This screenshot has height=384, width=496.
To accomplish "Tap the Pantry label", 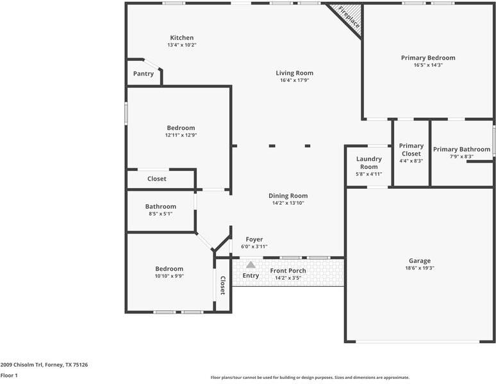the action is click(x=144, y=74).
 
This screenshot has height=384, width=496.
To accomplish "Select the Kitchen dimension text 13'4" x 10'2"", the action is click(x=182, y=45).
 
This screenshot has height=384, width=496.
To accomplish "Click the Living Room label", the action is click(x=295, y=73).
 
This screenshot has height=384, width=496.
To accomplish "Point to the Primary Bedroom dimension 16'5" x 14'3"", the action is click(x=428, y=65).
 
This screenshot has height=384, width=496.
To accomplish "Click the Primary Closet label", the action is click(x=411, y=150).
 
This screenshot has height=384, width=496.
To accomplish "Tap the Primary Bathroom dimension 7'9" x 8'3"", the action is click(x=461, y=157).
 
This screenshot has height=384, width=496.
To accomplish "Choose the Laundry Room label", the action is click(x=369, y=163).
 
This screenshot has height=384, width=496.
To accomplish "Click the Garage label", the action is click(x=420, y=261).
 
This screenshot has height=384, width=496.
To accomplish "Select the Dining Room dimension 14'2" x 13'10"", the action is click(x=288, y=203).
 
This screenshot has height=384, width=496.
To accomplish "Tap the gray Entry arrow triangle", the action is click(x=251, y=264).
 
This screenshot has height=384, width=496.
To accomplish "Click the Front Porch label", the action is click(x=288, y=271).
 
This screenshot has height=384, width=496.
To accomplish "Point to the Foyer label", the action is click(x=254, y=239).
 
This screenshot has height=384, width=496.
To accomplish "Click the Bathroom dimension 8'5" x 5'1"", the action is click(x=160, y=214).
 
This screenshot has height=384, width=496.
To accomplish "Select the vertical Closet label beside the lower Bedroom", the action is click(x=223, y=285).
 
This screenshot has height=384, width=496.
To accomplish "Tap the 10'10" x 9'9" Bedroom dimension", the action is click(x=169, y=276).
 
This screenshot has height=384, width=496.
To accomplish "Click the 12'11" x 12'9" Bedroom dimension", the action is click(x=181, y=135).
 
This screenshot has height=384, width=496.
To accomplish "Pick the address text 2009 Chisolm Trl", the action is click(x=22, y=365).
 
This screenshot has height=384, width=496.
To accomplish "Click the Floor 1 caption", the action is click(x=9, y=376).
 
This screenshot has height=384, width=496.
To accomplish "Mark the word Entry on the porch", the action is click(x=251, y=276).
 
